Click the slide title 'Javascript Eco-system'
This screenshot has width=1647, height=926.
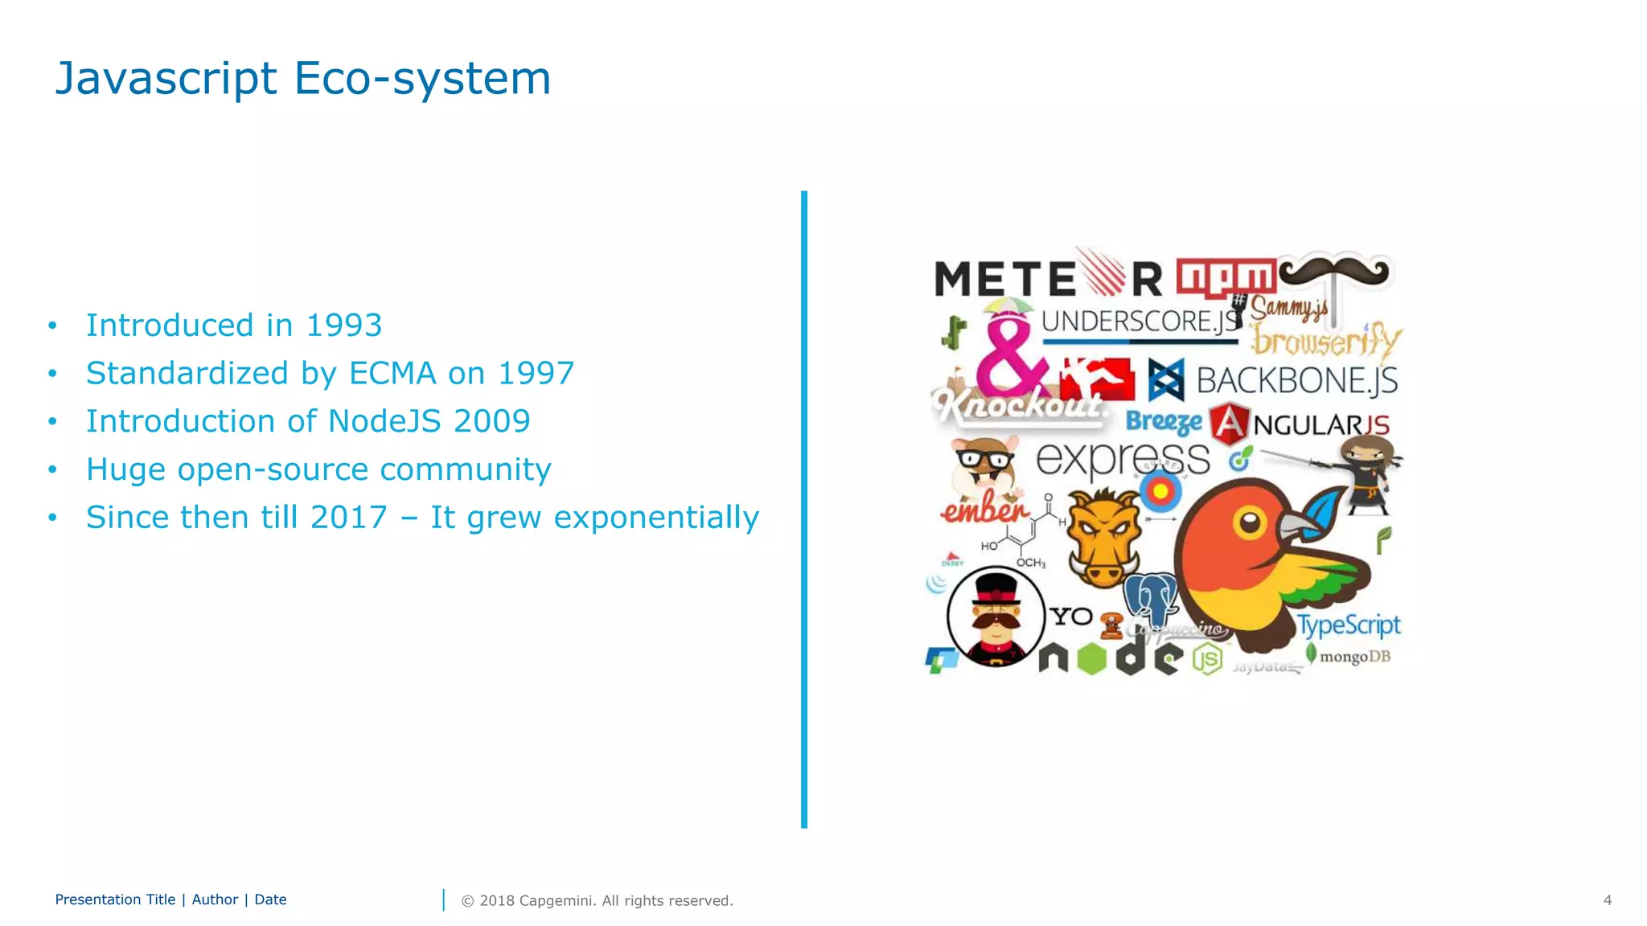pyautogui.click(x=302, y=79)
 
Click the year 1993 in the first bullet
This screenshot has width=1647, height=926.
pyautogui.click(x=343, y=326)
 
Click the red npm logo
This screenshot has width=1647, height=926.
pyautogui.click(x=1225, y=277)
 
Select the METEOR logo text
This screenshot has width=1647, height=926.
pyautogui.click(x=1047, y=278)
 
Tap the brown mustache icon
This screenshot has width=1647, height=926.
pyautogui.click(x=1333, y=272)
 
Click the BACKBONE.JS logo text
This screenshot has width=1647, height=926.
pyautogui.click(x=1296, y=380)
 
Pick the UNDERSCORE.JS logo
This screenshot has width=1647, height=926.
pyautogui.click(x=1140, y=322)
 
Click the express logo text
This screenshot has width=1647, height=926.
pyautogui.click(x=1122, y=460)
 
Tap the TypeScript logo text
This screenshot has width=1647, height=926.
pyautogui.click(x=1349, y=625)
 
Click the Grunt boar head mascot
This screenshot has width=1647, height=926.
pyautogui.click(x=1103, y=537)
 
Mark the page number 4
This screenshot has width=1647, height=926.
pyautogui.click(x=1607, y=900)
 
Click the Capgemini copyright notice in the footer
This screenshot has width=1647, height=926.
pyautogui.click(x=597, y=900)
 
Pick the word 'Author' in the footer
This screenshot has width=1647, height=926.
pyautogui.click(x=215, y=899)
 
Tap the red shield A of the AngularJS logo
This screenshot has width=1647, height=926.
pyautogui.click(x=1228, y=424)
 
